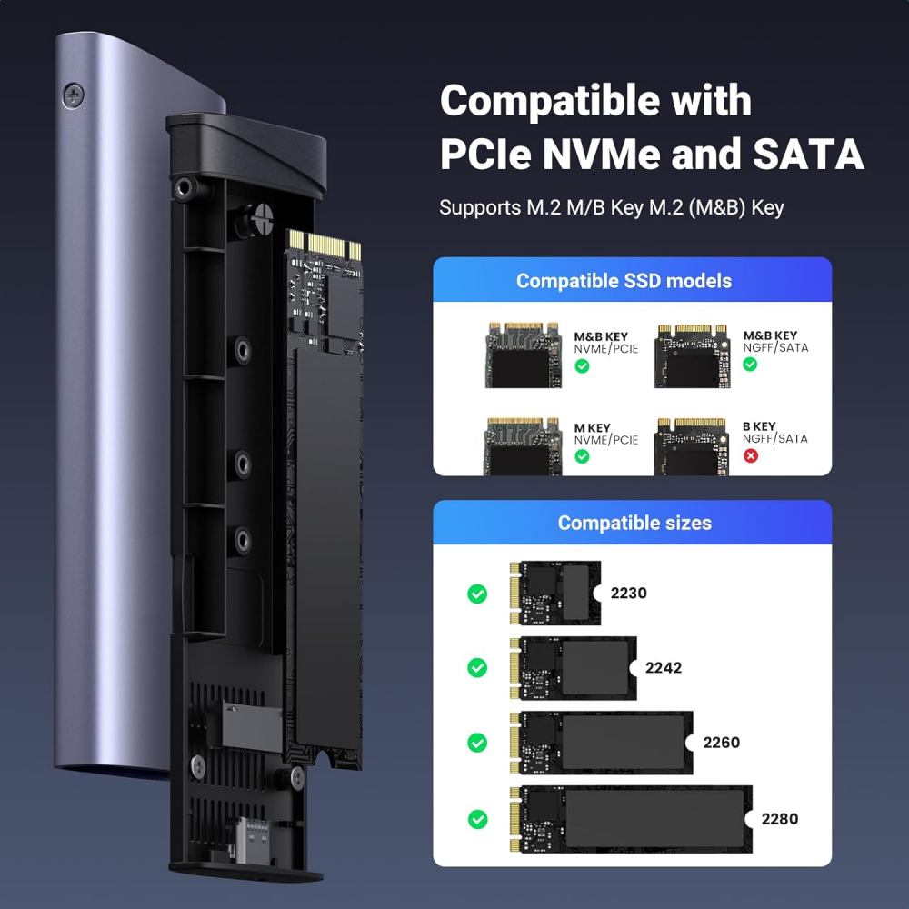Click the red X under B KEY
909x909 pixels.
click(x=751, y=454)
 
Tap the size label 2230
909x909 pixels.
click(x=628, y=593)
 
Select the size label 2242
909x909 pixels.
click(x=663, y=667)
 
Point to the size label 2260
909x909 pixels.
click(x=721, y=742)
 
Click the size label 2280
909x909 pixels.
click(x=779, y=818)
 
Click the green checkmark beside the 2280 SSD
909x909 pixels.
click(x=477, y=819)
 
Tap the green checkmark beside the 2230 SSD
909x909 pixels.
click(x=477, y=594)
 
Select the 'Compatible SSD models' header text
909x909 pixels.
click(x=624, y=281)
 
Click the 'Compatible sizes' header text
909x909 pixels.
click(x=634, y=523)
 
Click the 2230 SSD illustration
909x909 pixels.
click(x=554, y=593)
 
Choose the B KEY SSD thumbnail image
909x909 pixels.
click(x=691, y=446)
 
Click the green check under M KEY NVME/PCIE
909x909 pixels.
click(x=582, y=456)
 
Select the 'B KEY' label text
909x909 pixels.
click(x=760, y=426)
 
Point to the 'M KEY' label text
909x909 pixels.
click(x=593, y=427)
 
